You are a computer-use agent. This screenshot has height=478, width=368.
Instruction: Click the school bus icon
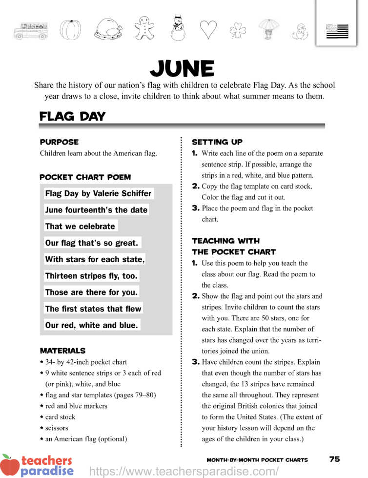coord(31,30)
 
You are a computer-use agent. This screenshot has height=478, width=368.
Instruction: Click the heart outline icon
coord(208,30)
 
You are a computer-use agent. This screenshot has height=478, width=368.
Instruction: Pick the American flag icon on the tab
coord(337,31)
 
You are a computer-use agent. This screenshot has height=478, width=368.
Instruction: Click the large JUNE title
coord(182,69)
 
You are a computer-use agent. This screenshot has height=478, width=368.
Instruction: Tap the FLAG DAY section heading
coord(72,117)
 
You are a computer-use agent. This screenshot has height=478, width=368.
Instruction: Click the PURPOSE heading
coord(59,142)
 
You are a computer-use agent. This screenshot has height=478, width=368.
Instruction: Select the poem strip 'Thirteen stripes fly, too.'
coord(91,276)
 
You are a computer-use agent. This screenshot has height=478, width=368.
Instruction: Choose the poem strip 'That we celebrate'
coord(80,226)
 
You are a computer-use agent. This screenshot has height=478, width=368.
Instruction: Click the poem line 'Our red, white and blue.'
coord(92,325)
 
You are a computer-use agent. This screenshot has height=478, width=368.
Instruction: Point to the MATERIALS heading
coord(62,351)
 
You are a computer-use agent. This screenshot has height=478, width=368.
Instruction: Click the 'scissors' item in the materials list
coord(57,428)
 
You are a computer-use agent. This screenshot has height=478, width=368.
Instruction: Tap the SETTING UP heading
coord(217,142)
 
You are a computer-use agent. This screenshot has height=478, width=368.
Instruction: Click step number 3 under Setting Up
coord(195,208)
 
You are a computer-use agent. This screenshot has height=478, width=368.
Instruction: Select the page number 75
coord(334,459)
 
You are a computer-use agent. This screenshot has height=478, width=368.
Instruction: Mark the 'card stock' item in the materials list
coord(60,417)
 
